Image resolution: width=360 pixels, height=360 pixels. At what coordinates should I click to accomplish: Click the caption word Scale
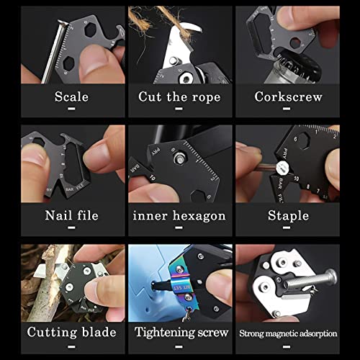tap(71, 96)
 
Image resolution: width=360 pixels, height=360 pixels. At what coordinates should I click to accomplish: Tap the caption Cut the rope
tap(179, 97)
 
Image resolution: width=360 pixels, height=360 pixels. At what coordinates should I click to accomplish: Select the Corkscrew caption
tap(288, 96)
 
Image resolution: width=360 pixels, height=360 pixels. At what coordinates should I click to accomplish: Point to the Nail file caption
tap(71, 215)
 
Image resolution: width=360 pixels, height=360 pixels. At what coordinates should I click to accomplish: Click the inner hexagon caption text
tap(179, 216)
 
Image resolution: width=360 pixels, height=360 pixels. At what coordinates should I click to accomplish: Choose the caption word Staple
tap(288, 215)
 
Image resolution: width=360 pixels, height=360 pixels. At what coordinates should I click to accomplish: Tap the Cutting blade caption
tap(71, 333)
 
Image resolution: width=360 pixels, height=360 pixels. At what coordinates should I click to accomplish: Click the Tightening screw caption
tap(181, 333)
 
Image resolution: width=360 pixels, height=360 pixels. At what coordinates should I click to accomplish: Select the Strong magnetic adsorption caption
tap(288, 333)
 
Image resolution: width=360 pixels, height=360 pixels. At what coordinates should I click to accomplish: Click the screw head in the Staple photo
tap(282, 168)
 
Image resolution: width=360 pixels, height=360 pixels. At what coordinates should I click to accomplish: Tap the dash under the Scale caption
tap(71, 109)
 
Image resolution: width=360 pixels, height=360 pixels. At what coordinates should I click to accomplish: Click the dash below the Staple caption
tap(287, 228)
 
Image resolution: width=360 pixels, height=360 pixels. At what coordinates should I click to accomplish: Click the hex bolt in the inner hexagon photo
tap(179, 158)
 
